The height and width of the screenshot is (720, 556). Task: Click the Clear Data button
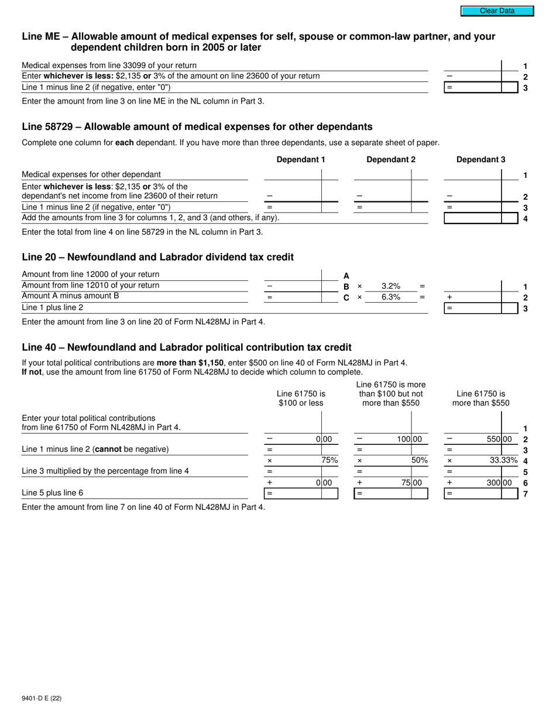tap(497, 11)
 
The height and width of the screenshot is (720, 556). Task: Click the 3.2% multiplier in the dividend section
tap(390, 286)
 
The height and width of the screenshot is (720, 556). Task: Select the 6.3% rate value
tap(390, 297)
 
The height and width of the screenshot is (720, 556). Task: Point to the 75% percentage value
tap(330, 460)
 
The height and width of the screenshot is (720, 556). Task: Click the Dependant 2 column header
tap(390, 159)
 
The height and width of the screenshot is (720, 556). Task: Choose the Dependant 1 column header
tap(300, 159)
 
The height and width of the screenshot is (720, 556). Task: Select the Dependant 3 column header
tap(481, 159)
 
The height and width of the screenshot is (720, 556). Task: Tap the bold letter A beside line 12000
tap(346, 276)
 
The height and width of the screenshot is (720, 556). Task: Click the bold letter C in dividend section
tap(346, 297)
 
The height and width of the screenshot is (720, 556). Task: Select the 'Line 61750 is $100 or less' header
tap(301, 399)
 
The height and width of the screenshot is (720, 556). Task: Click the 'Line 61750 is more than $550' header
tap(481, 399)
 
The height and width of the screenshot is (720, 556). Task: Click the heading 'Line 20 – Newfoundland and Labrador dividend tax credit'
tap(157, 257)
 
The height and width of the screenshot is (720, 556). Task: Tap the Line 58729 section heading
tap(197, 126)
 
